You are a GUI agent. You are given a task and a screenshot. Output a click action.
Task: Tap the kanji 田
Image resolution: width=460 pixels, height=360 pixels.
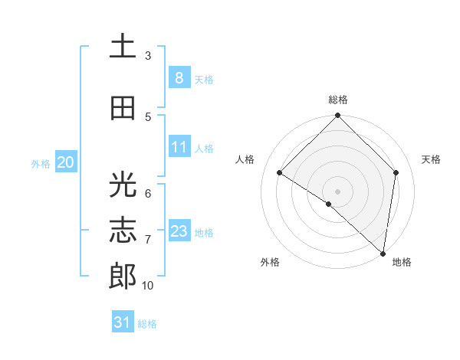tap(123, 108)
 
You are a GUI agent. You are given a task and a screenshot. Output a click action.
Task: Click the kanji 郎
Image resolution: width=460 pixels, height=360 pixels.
tap(123, 277)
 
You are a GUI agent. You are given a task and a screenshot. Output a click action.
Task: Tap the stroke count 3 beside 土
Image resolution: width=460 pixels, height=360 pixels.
tap(148, 56)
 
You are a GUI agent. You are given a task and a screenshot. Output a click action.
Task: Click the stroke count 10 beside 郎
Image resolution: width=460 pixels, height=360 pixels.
tap(148, 286)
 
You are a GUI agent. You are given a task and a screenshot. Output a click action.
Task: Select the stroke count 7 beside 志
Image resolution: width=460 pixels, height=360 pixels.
tap(148, 240)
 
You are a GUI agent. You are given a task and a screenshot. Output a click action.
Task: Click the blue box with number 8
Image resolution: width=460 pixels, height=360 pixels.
tap(179, 77)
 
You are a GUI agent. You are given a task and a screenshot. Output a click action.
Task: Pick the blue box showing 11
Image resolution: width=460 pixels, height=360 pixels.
tap(179, 147)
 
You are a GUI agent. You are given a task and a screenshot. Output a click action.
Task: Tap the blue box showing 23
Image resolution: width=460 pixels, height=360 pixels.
tap(179, 231)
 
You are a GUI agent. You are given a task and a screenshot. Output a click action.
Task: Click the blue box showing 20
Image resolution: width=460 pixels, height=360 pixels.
tap(65, 162)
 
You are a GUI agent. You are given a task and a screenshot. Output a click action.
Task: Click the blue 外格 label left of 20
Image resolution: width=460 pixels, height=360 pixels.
tap(41, 163)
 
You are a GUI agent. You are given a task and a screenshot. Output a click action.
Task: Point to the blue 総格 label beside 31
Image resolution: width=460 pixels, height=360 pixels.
tap(147, 324)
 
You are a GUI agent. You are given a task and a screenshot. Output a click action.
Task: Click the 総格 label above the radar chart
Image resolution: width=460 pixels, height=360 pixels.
tap(338, 100)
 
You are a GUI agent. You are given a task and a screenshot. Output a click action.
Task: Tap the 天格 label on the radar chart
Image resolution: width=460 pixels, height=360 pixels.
tap(431, 159)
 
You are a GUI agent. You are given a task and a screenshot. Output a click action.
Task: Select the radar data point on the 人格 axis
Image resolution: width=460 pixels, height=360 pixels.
tap(280, 173)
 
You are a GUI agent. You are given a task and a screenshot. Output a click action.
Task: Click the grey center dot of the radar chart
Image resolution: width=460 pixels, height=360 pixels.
tap(338, 191)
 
